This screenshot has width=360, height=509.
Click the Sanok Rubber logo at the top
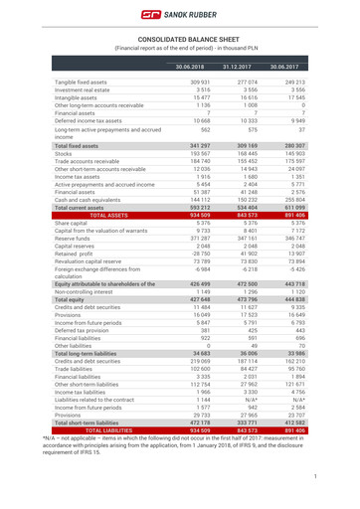click(180, 14)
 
